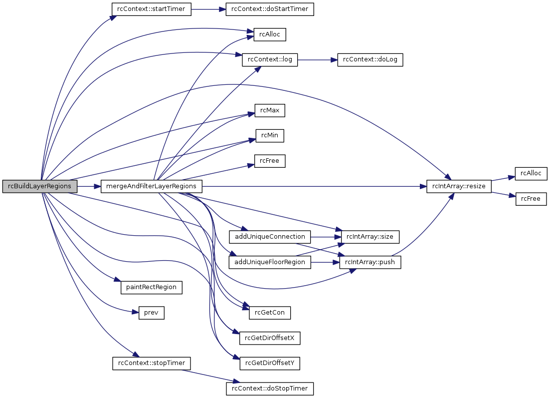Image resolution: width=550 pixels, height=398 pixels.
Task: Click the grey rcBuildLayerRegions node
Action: point(40,186)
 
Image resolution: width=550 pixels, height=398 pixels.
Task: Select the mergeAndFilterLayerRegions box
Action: point(152,186)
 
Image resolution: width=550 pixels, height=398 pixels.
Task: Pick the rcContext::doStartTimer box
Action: point(270,9)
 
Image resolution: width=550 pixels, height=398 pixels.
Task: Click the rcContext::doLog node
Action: point(369,60)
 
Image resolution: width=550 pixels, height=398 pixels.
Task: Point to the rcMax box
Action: point(270,110)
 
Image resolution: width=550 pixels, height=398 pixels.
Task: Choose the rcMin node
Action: point(270,136)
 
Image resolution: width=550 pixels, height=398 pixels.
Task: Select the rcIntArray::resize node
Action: point(459,186)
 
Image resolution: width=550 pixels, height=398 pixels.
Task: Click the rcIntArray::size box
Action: point(370,236)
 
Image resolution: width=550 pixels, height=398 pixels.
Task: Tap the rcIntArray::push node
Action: point(370,262)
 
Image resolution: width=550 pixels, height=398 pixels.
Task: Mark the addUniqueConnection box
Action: point(270,236)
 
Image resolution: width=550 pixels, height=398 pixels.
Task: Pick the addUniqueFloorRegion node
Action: point(270,262)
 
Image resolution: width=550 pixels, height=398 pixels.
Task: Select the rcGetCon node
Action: point(270,313)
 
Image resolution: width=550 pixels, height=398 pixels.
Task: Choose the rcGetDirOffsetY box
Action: point(270,363)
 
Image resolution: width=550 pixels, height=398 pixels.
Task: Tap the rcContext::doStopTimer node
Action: point(270,388)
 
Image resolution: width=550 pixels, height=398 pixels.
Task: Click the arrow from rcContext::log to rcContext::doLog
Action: point(317,60)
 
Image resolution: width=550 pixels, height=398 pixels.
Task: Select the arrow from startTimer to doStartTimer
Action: point(208,9)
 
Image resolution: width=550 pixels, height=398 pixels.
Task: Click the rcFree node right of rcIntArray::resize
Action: point(532,199)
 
